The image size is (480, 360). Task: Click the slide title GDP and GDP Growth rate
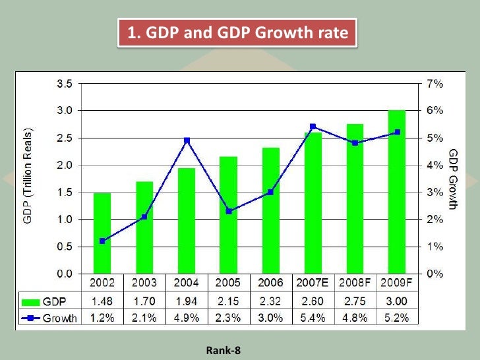tap(237, 32)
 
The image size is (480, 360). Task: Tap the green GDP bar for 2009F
tap(397, 192)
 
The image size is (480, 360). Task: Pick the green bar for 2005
tap(229, 215)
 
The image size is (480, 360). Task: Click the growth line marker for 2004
tap(187, 140)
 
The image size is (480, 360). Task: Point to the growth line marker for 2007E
tap(313, 127)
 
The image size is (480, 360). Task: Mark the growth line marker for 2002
tap(102, 241)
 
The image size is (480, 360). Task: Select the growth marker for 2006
tap(270, 192)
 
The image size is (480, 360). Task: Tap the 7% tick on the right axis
tap(435, 84)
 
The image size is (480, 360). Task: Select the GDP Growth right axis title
tap(453, 179)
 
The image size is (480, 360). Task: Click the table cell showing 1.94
tap(187, 302)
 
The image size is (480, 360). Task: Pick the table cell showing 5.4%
tap(313, 318)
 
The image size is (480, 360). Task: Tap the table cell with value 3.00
tap(397, 302)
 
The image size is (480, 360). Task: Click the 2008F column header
tap(355, 282)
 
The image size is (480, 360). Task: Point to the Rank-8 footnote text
tap(224, 350)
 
